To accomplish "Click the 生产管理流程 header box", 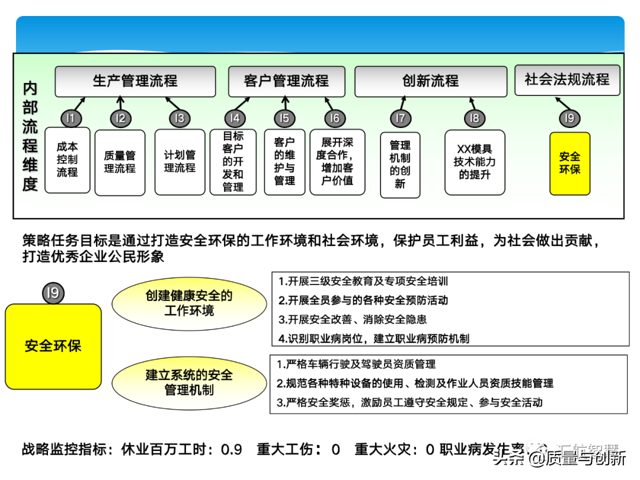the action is [x=135, y=81].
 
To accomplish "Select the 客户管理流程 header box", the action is [x=287, y=81].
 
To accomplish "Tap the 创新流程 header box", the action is [x=431, y=81].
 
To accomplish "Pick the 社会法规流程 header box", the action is [x=567, y=80].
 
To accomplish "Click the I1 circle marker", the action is [x=71, y=119].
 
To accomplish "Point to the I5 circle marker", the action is [x=284, y=119].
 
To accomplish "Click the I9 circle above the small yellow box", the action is [x=569, y=119].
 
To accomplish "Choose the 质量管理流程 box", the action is [x=120, y=162].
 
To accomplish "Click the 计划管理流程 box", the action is [x=180, y=162].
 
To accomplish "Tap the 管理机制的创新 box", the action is [x=400, y=165].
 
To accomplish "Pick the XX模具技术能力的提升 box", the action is [x=475, y=162].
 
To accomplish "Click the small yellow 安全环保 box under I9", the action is [x=569, y=163].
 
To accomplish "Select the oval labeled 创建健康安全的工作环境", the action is [x=189, y=303].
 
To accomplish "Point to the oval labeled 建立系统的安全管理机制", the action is [x=189, y=382].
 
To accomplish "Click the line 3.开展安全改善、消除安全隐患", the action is [x=353, y=319].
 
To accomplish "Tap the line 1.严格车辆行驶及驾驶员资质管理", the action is [x=356, y=364].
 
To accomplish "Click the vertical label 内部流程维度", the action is [x=30, y=136].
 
